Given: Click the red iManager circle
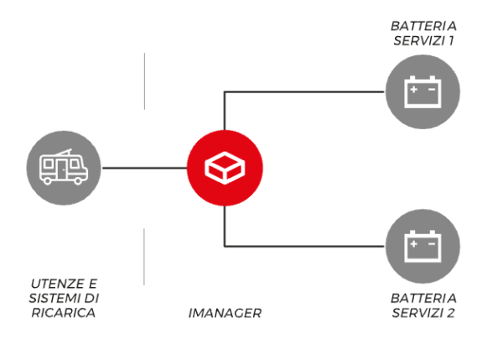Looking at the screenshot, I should pos(225,168).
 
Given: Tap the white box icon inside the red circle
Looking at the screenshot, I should pos(225,168).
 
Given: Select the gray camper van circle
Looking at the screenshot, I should pos(63,168).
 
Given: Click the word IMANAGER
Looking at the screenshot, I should pos(225,313).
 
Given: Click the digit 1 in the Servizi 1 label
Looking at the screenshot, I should pos(450,41).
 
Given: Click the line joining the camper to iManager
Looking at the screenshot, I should pos(143,168).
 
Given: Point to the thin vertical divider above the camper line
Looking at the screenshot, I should pos(144,81).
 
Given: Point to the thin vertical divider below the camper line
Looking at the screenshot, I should pos(144,255).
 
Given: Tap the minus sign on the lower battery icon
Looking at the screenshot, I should pos(432,243).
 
